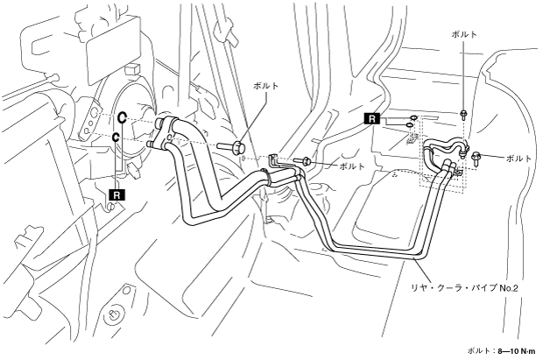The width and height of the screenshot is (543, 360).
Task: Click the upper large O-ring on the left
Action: pyautogui.click(x=124, y=116)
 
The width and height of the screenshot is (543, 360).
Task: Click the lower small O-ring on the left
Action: pyautogui.click(x=116, y=138)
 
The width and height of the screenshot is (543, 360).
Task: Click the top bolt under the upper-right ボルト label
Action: pyautogui.click(x=463, y=113)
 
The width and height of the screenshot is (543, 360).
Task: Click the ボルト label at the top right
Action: pyautogui.click(x=463, y=33)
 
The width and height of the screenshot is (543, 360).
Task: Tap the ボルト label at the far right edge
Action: pyautogui.click(x=518, y=158)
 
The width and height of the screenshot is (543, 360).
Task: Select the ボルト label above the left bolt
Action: pyautogui.click(x=265, y=86)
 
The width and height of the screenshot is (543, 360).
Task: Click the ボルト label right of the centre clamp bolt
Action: pyautogui.click(x=351, y=166)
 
